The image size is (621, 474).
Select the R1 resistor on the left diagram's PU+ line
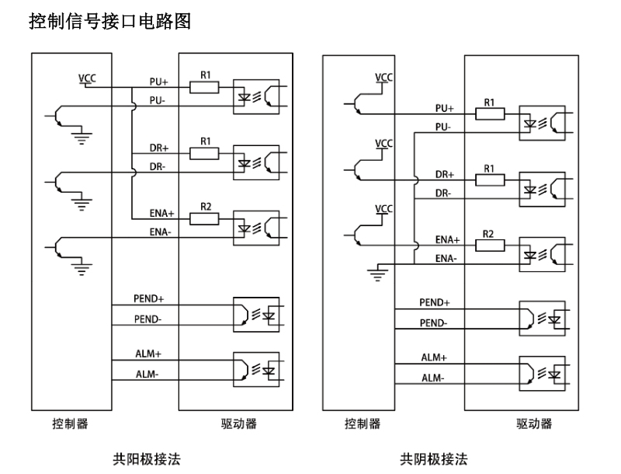206,86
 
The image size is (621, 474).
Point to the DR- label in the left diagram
159,167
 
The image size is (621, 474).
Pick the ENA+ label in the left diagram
162,212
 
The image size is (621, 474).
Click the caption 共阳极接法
147,459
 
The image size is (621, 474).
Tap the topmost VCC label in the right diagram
383,78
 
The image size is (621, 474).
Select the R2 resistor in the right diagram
490,245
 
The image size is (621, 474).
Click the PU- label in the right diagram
444,127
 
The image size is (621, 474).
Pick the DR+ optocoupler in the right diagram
542,187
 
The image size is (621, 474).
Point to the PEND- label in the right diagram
433,322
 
